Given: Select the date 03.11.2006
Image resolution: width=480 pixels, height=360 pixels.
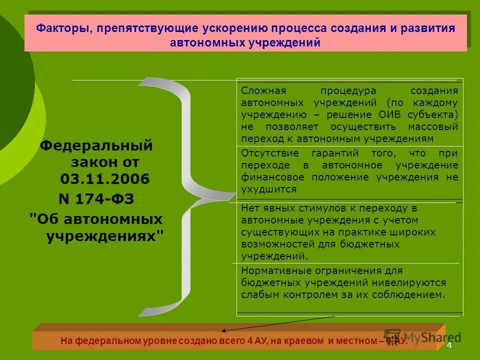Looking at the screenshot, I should click(x=105, y=179).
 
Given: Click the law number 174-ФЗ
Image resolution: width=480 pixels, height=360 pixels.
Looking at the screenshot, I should click(x=105, y=199).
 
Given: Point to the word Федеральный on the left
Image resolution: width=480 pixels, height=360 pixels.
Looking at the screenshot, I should click(x=96, y=146).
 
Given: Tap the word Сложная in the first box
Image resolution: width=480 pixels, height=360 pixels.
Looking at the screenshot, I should click(x=263, y=91).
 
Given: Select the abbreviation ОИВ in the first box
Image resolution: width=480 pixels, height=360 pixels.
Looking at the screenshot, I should click(x=390, y=115).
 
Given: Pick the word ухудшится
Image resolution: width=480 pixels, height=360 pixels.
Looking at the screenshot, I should click(x=268, y=189).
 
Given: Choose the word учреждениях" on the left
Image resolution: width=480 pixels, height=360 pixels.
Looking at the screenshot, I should click(x=105, y=236).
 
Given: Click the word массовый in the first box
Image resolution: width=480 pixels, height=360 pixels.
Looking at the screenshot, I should click(x=434, y=127).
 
